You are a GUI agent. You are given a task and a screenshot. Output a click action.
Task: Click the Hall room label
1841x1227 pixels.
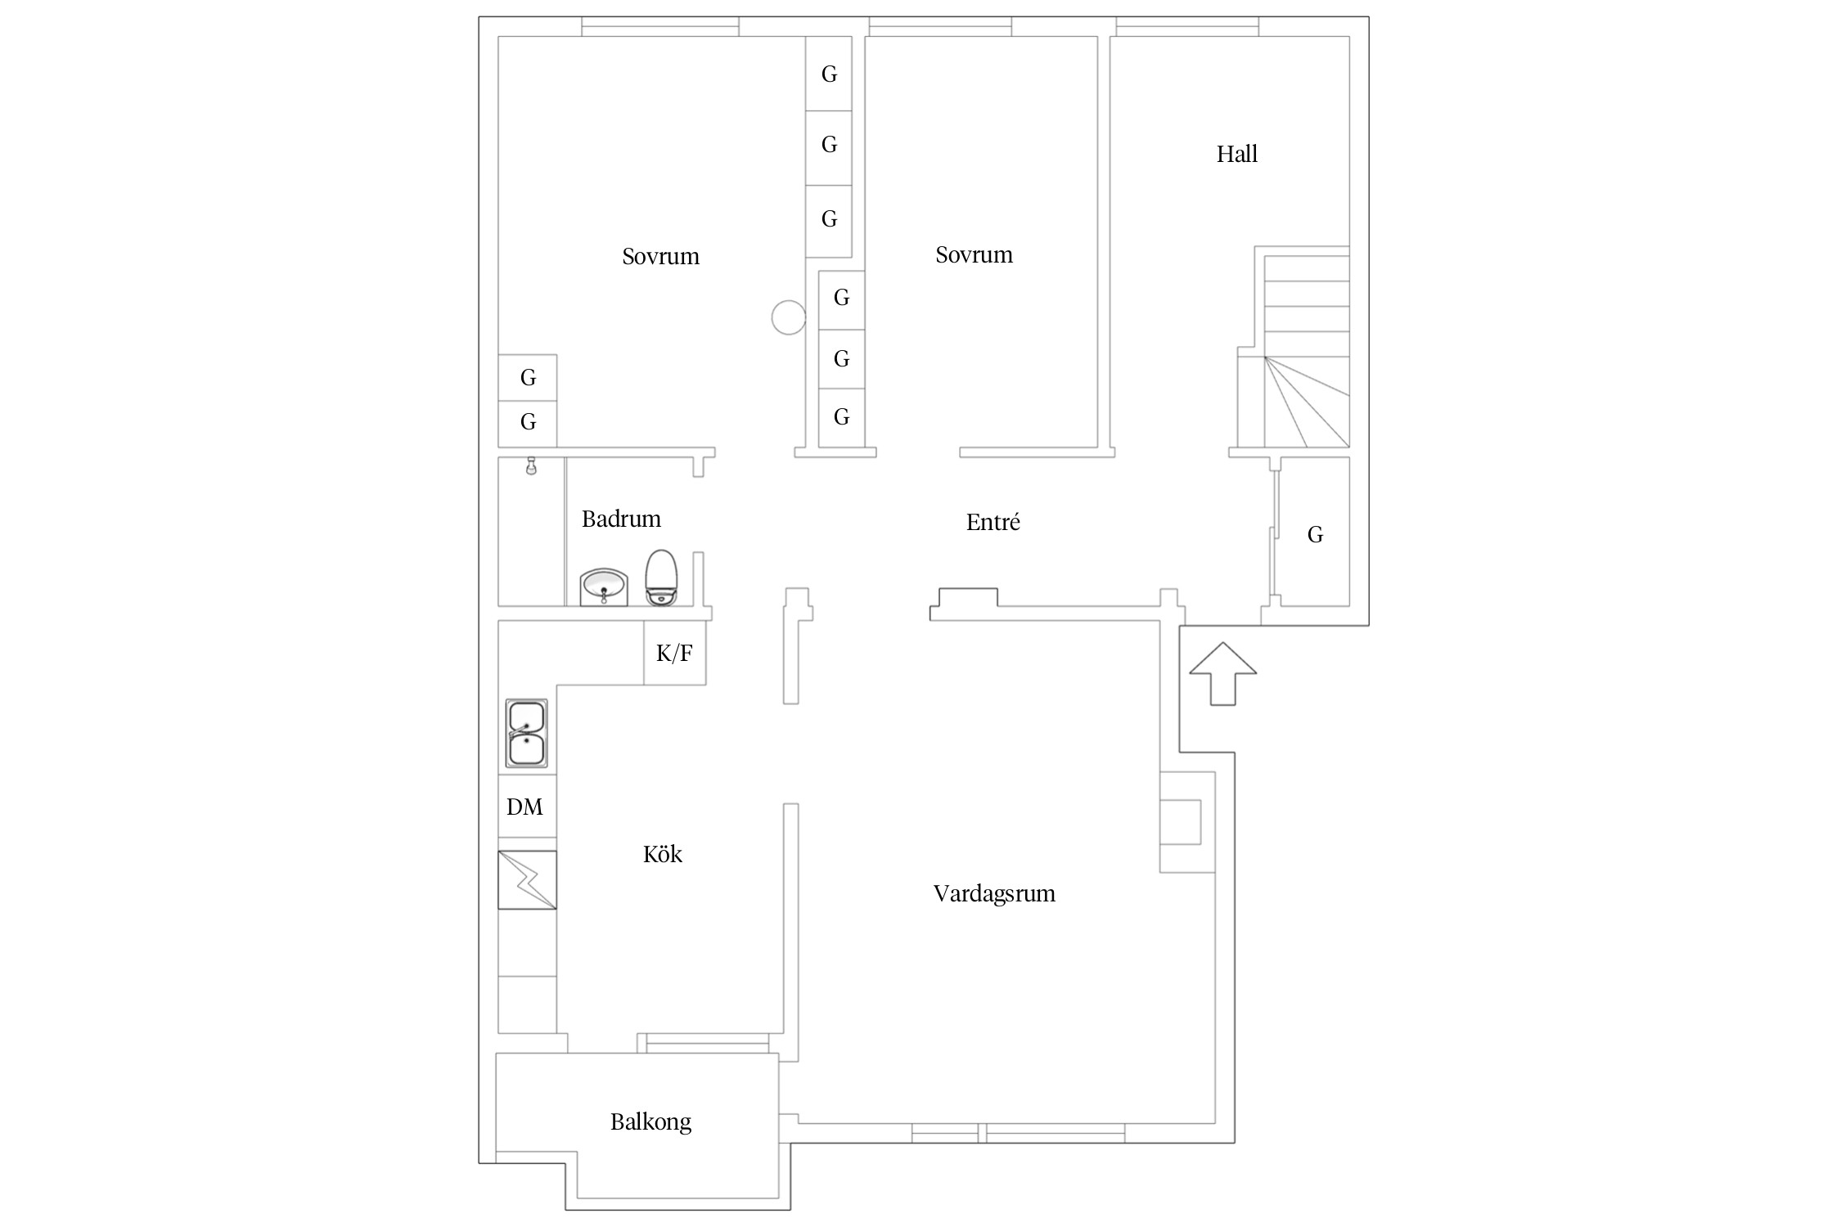pyautogui.click(x=1236, y=154)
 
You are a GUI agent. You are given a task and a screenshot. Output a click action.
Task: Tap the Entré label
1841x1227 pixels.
pyautogui.click(x=993, y=522)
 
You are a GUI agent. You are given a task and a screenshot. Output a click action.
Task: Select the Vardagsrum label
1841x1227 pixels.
pyautogui.click(x=994, y=893)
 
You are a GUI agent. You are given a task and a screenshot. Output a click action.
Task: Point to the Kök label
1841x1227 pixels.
pyautogui.click(x=662, y=854)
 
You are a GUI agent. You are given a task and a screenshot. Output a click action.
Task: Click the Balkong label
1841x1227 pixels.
pyautogui.click(x=650, y=1121)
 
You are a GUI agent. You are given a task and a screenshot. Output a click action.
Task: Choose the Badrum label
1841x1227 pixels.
pyautogui.click(x=621, y=519)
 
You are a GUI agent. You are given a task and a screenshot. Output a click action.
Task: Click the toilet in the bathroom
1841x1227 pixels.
pyautogui.click(x=662, y=578)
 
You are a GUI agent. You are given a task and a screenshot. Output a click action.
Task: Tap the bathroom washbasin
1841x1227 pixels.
pyautogui.click(x=604, y=587)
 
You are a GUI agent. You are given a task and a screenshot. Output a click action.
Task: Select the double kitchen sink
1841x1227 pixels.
pyautogui.click(x=526, y=733)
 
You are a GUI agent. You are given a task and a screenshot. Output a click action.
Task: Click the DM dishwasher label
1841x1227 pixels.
pyautogui.click(x=524, y=807)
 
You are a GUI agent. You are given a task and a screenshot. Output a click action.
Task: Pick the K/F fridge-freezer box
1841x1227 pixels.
pyautogui.click(x=675, y=653)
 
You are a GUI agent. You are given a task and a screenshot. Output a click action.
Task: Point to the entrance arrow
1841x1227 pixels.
pyautogui.click(x=1222, y=673)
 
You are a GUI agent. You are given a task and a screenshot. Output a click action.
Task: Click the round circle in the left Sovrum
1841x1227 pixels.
pyautogui.click(x=789, y=317)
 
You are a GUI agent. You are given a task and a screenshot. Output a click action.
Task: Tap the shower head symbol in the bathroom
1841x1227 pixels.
pyautogui.click(x=531, y=465)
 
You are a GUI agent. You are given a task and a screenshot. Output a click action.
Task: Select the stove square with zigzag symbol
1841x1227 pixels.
pyautogui.click(x=527, y=880)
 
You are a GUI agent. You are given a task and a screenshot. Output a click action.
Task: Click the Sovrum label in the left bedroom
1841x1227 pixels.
pyautogui.click(x=660, y=256)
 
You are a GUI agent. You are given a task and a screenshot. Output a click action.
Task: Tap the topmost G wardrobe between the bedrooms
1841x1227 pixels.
pyautogui.click(x=829, y=74)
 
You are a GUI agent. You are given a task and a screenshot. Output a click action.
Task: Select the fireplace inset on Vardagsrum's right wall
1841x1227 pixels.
pyautogui.click(x=1181, y=822)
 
